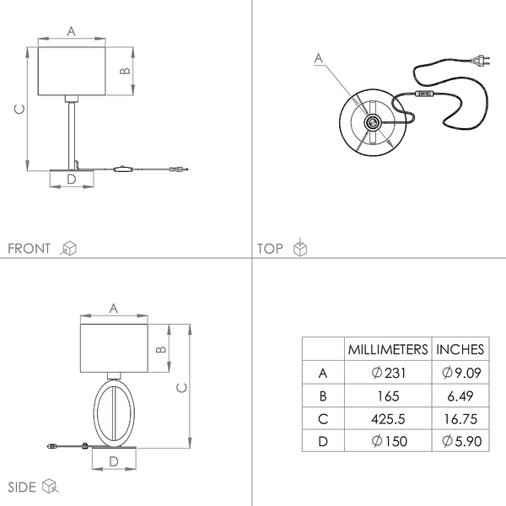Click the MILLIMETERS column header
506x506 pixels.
[x=388, y=349]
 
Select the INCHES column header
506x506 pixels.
[x=460, y=349]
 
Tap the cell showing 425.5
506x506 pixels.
[x=388, y=419]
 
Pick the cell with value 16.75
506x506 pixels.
[x=460, y=419]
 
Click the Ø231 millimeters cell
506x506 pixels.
[x=388, y=373]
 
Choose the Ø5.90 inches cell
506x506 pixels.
[x=462, y=441]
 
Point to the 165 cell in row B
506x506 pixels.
[x=388, y=396]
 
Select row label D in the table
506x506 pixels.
[x=323, y=441]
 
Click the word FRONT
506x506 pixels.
[x=29, y=249]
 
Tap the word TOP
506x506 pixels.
[x=270, y=249]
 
